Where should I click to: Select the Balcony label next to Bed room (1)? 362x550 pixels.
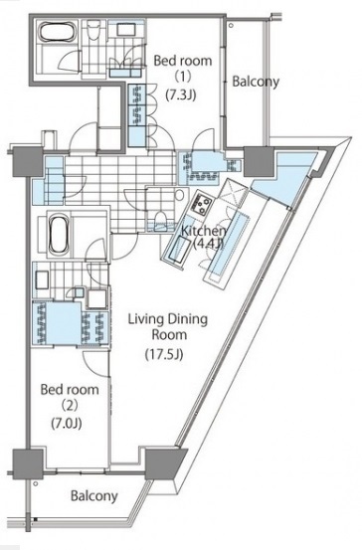pyautogui.click(x=256, y=83)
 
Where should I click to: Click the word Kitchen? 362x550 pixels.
pyautogui.click(x=203, y=231)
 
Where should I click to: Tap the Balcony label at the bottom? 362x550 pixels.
pyautogui.click(x=94, y=495)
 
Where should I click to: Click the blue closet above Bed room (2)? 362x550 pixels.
pyautogui.click(x=51, y=323)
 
